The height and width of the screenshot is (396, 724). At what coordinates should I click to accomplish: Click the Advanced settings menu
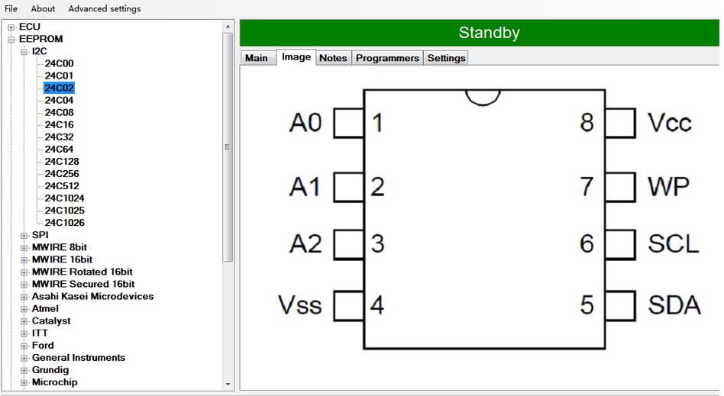(105, 8)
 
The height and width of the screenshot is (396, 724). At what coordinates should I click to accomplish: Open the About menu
(43, 8)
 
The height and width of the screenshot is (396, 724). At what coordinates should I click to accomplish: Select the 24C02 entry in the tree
(59, 88)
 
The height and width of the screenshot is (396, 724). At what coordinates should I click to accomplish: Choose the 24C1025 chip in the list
(65, 211)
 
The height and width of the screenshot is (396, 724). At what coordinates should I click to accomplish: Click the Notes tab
(333, 58)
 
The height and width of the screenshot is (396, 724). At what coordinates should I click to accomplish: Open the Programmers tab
(387, 58)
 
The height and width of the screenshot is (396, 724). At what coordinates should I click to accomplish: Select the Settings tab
(446, 58)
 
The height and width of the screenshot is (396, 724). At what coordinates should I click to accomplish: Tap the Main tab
(257, 58)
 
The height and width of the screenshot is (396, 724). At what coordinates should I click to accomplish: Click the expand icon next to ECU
(11, 27)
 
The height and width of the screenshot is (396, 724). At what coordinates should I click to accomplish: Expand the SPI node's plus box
(24, 235)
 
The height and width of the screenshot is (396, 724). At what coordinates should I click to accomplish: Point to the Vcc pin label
(670, 123)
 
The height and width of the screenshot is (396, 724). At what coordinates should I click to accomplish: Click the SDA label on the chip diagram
(674, 304)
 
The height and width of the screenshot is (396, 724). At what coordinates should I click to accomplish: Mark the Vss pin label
(299, 305)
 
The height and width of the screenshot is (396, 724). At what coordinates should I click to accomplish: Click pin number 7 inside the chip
(587, 187)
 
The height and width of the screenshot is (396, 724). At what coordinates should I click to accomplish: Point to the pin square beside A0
(348, 123)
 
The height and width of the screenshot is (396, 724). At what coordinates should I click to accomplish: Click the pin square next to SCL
(620, 243)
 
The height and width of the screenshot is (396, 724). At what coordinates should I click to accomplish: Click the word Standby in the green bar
(489, 33)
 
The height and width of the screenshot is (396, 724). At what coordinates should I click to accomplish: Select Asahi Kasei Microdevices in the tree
(92, 296)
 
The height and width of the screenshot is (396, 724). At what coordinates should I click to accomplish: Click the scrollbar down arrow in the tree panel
(228, 384)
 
